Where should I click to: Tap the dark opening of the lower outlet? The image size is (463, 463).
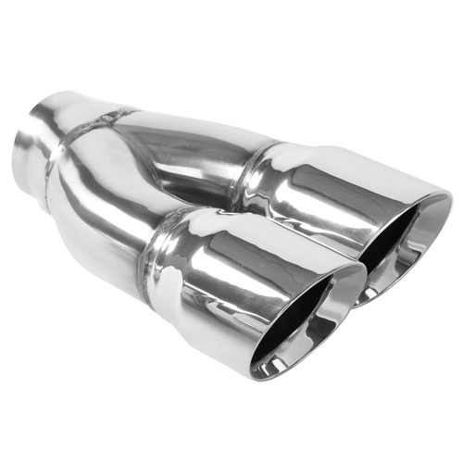tap(296, 324)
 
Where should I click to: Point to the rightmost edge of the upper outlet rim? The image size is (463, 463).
tap(450, 199)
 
